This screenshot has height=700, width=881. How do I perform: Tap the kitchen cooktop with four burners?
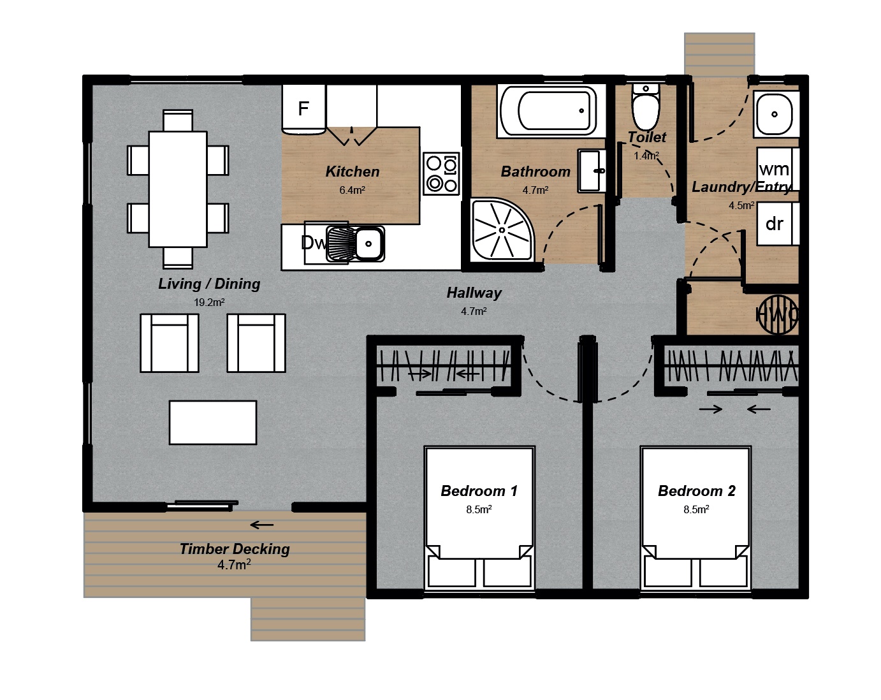point(441,174)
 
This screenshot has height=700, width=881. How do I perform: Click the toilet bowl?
point(646,110)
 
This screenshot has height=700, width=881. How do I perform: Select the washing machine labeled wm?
point(775,169)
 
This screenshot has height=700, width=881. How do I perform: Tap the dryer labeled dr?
point(775,224)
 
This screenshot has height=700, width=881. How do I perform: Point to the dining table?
point(178,189)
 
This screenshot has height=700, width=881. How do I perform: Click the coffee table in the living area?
point(213,423)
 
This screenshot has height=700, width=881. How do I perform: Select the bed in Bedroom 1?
point(479,516)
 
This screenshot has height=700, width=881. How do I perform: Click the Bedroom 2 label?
point(696,491)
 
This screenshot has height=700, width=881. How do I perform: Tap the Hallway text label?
point(474,293)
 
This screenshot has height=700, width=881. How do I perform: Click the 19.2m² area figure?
point(209,303)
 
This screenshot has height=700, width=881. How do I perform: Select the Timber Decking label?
point(235,549)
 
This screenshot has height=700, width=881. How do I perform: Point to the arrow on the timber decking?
point(261,525)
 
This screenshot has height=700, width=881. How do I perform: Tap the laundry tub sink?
point(774,114)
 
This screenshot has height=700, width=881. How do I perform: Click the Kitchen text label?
point(352,171)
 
